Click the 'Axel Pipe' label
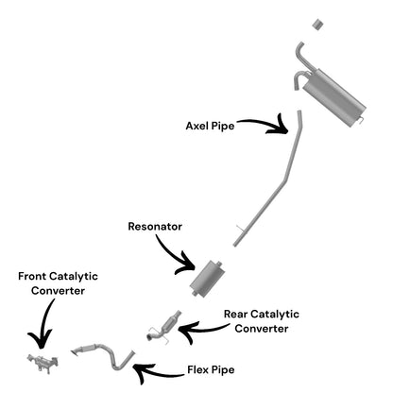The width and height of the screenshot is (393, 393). point(210,126)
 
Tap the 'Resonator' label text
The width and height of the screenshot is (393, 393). point(155,227)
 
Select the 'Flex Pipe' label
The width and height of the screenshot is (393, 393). point(211,369)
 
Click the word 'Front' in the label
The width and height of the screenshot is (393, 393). point(31,276)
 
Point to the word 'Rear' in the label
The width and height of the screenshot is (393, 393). point(235,314)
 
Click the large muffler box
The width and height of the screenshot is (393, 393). point(333,97)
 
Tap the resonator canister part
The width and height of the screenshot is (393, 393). point(207,278)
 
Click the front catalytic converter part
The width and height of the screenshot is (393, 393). point(43,363)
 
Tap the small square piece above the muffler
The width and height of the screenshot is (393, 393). point(318,25)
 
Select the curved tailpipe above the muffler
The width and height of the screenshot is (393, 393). point(299,57)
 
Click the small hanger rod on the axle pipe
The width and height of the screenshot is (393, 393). point(240,229)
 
